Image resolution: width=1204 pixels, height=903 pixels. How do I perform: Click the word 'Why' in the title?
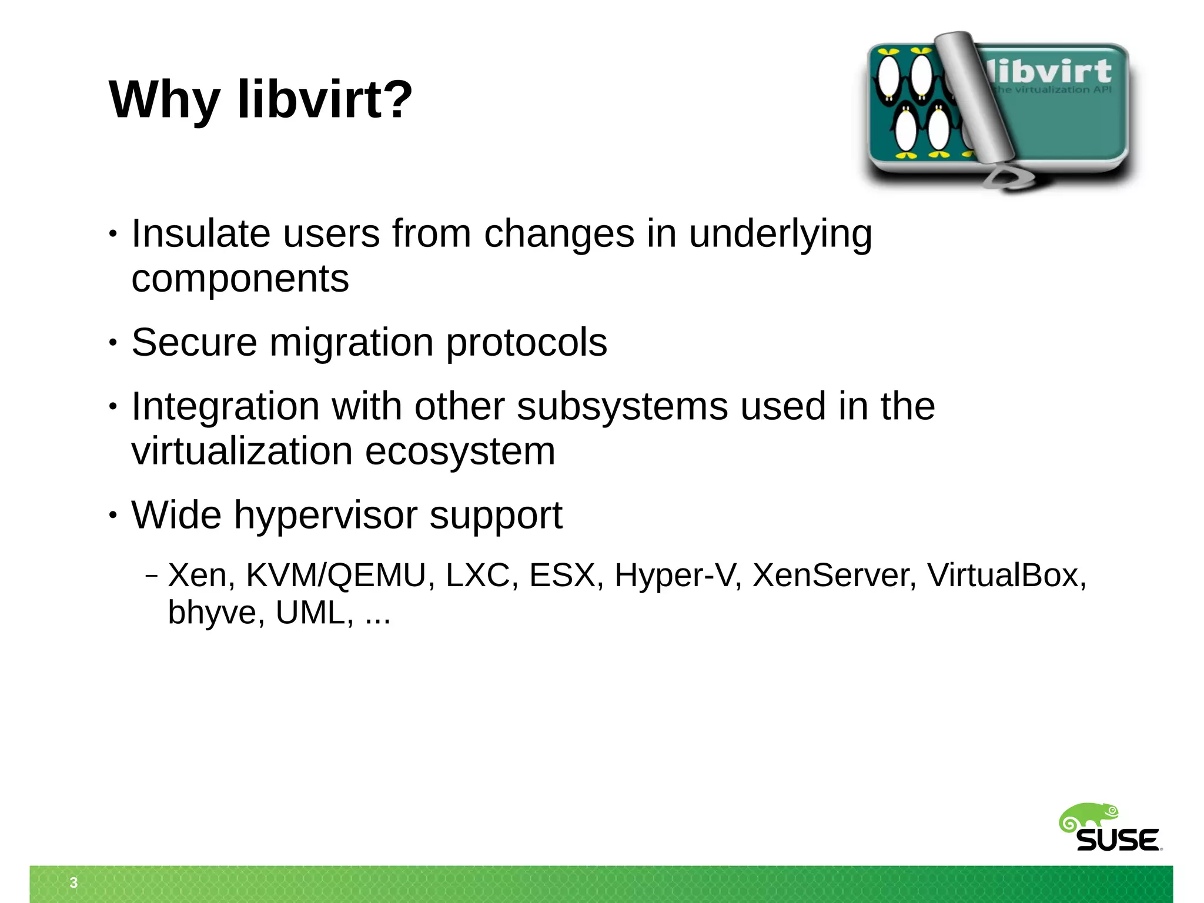[165, 100]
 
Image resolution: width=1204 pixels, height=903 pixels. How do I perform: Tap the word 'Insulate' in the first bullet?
[200, 233]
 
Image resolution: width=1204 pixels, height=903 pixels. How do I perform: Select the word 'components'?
[240, 279]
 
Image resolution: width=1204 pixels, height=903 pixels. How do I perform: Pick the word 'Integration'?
[225, 407]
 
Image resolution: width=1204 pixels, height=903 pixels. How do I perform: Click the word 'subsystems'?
[622, 406]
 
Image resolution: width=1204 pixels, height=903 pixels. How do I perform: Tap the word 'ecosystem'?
[460, 452]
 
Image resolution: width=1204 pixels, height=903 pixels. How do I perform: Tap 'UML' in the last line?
[310, 613]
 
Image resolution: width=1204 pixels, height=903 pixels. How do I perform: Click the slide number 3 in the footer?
[73, 882]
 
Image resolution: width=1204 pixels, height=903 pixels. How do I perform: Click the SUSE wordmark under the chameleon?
[1118, 841]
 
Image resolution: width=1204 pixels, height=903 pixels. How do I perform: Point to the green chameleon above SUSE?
[1088, 818]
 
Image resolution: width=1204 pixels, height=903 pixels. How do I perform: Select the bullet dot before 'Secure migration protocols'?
[113, 343]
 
